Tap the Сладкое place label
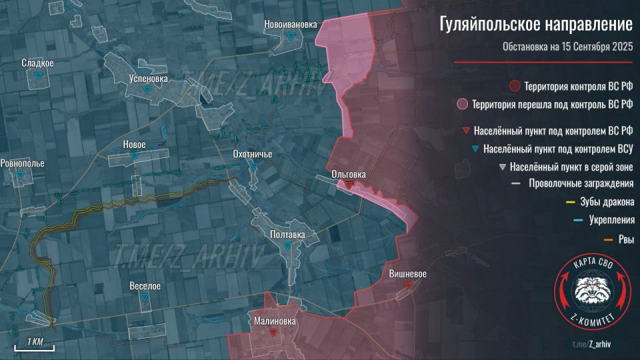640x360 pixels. [37, 63]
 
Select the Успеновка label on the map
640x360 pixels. [148, 78]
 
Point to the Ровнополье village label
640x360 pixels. [23, 163]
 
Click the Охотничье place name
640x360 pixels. [252, 155]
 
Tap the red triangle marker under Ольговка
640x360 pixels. [349, 185]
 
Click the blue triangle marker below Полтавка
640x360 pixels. [287, 246]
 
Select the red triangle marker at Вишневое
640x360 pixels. [408, 285]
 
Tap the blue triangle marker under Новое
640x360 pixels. [135, 156]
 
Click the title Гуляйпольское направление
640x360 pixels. [535, 26]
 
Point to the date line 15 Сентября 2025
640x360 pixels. [567, 47]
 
